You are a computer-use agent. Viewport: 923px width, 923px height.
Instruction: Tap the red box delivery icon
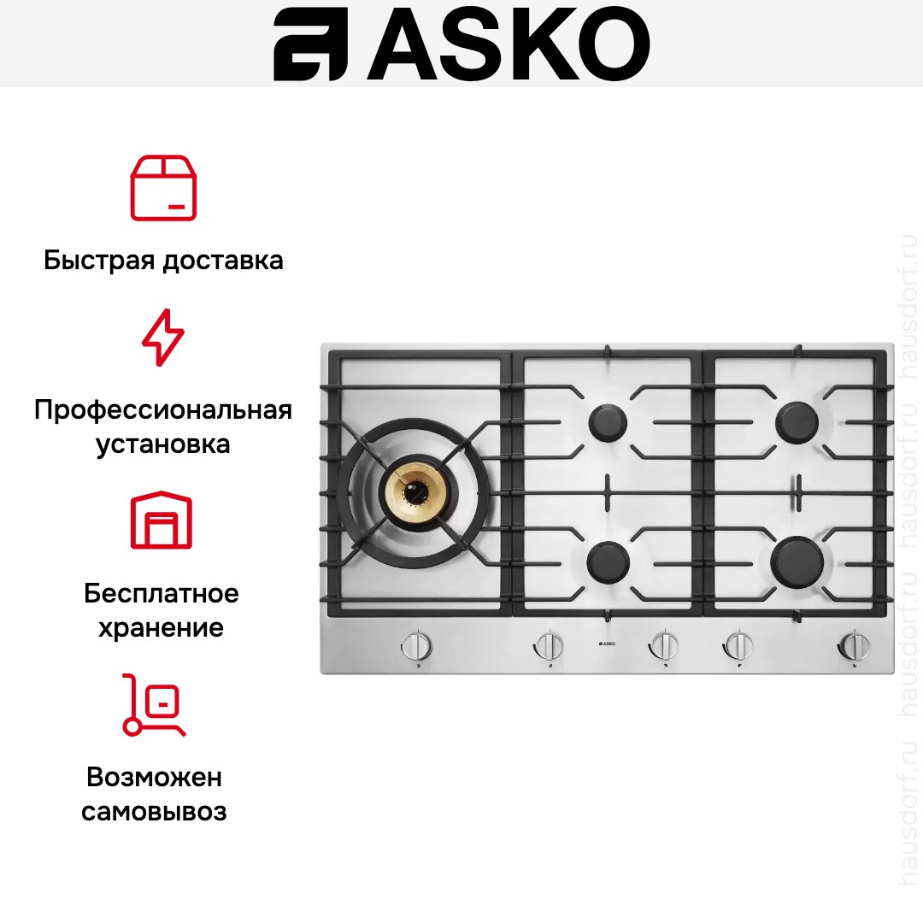point(163,188)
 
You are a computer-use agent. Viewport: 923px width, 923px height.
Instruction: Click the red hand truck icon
point(154,705)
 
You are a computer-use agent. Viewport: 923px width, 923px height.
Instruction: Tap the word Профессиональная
point(163,410)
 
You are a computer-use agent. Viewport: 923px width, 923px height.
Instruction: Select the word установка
point(163,445)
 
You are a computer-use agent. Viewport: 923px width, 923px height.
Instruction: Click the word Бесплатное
point(162,593)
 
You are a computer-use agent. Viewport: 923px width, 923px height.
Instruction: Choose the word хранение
point(162,628)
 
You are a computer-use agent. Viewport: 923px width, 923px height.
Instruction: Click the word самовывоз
point(155,811)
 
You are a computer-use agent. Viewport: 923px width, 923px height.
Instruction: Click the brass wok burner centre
point(418,492)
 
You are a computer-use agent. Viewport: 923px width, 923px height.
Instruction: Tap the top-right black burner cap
point(797,420)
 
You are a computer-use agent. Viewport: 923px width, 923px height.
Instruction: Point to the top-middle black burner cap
point(608,422)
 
